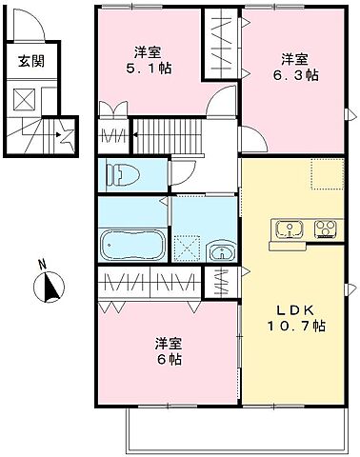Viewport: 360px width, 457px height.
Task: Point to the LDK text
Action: (x=292, y=309)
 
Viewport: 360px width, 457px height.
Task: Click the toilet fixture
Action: (x=120, y=174)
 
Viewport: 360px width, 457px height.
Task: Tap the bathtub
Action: (x=133, y=245)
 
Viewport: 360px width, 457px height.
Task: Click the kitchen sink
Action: (x=288, y=228)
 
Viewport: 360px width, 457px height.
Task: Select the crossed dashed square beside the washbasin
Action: (x=189, y=249)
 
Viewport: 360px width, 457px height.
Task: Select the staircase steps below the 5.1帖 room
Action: (x=172, y=133)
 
